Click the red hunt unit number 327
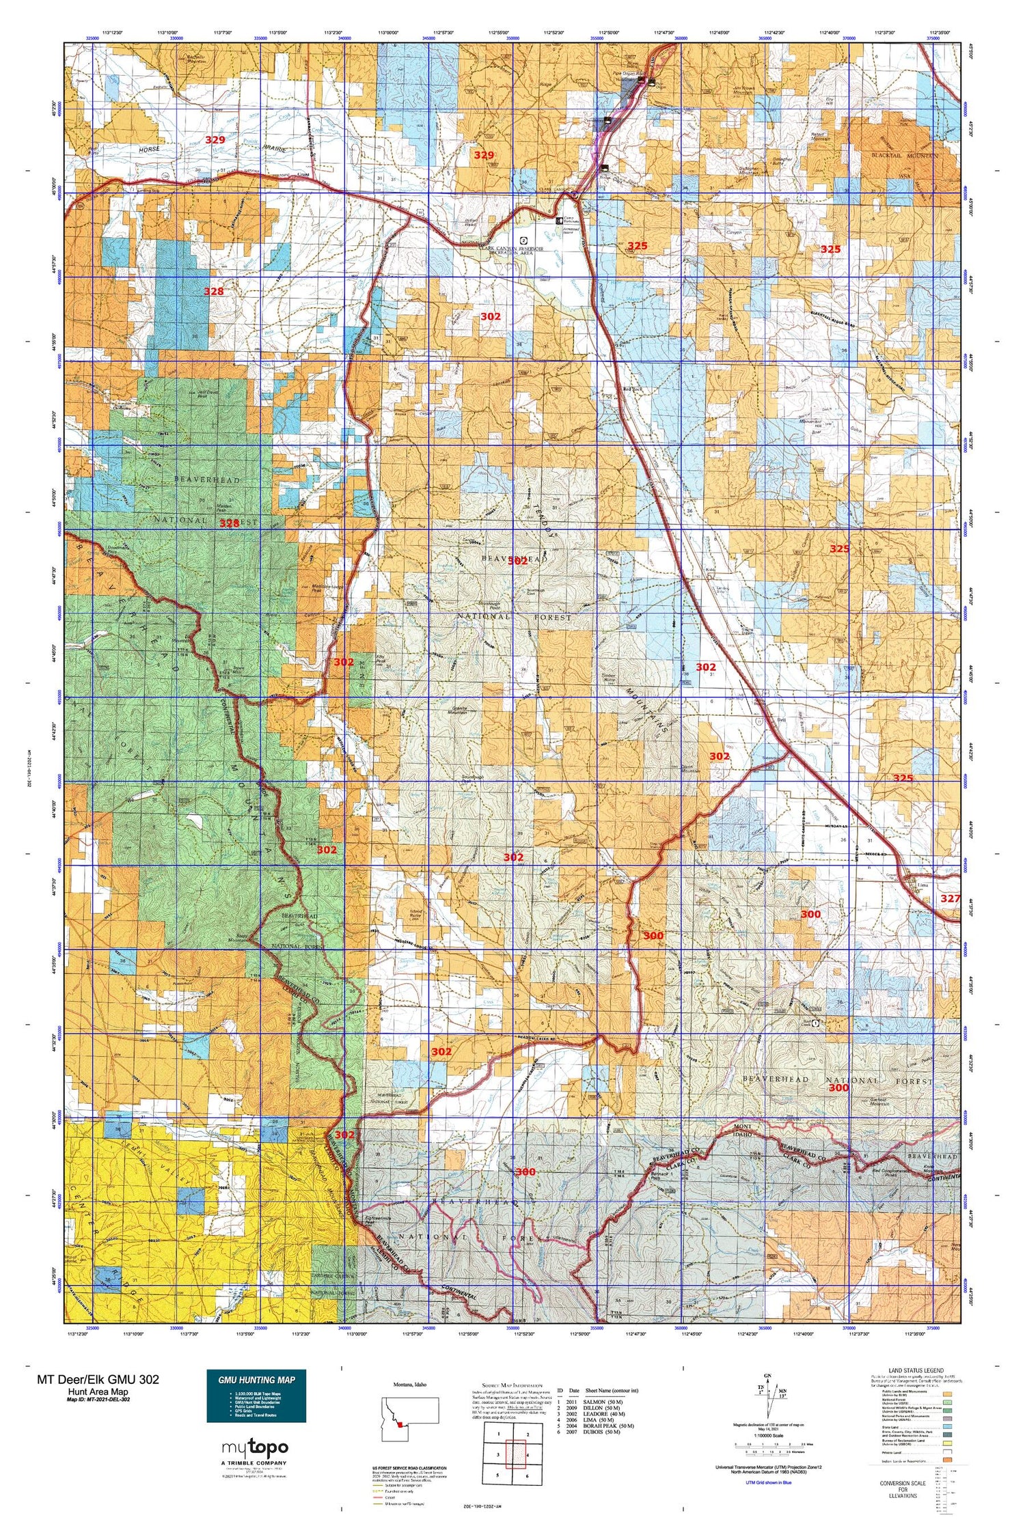coord(950,899)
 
